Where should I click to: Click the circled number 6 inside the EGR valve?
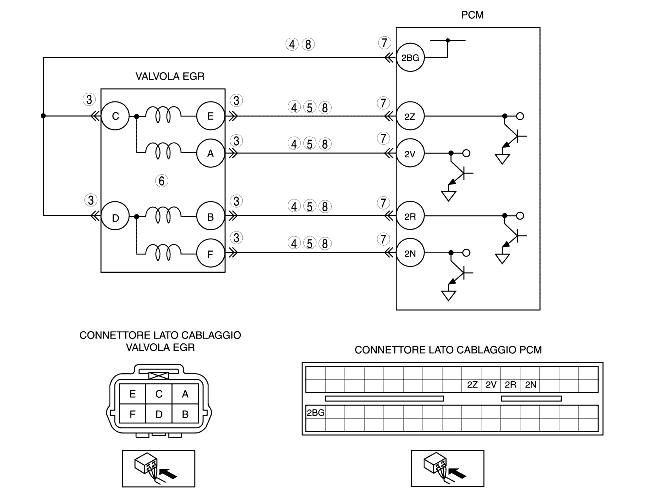pos(162,181)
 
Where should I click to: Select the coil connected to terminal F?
pos(163,253)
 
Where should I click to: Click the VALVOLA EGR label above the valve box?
pos(170,76)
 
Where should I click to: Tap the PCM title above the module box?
pos(472,15)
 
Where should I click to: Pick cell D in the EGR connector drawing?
pos(159,413)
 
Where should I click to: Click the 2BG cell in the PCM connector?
pos(316,412)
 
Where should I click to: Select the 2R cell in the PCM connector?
pos(510,385)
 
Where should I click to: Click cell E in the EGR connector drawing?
pos(132,394)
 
